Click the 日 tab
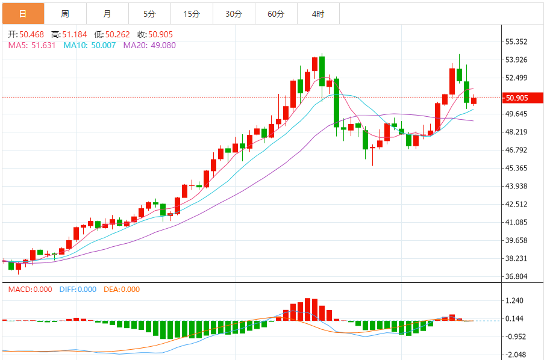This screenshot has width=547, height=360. pyautogui.click(x=23, y=14)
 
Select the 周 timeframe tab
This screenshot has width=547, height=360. pyautogui.click(x=65, y=14)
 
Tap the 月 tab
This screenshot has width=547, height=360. pyautogui.click(x=107, y=14)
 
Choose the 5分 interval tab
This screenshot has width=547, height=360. pyautogui.click(x=149, y=14)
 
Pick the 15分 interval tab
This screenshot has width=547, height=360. pyautogui.click(x=192, y=14)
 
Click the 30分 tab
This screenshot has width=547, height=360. pyautogui.click(x=234, y=14)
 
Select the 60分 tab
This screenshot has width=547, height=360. pyautogui.click(x=276, y=14)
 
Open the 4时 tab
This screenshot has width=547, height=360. pyautogui.click(x=318, y=14)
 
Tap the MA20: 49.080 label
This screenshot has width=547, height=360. pyautogui.click(x=149, y=45)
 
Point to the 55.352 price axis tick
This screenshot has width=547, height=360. pyautogui.click(x=517, y=42)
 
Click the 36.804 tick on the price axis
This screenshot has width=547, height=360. pyautogui.click(x=517, y=276)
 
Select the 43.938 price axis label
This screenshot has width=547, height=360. pyautogui.click(x=517, y=186)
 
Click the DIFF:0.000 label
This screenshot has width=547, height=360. pyautogui.click(x=78, y=289)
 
